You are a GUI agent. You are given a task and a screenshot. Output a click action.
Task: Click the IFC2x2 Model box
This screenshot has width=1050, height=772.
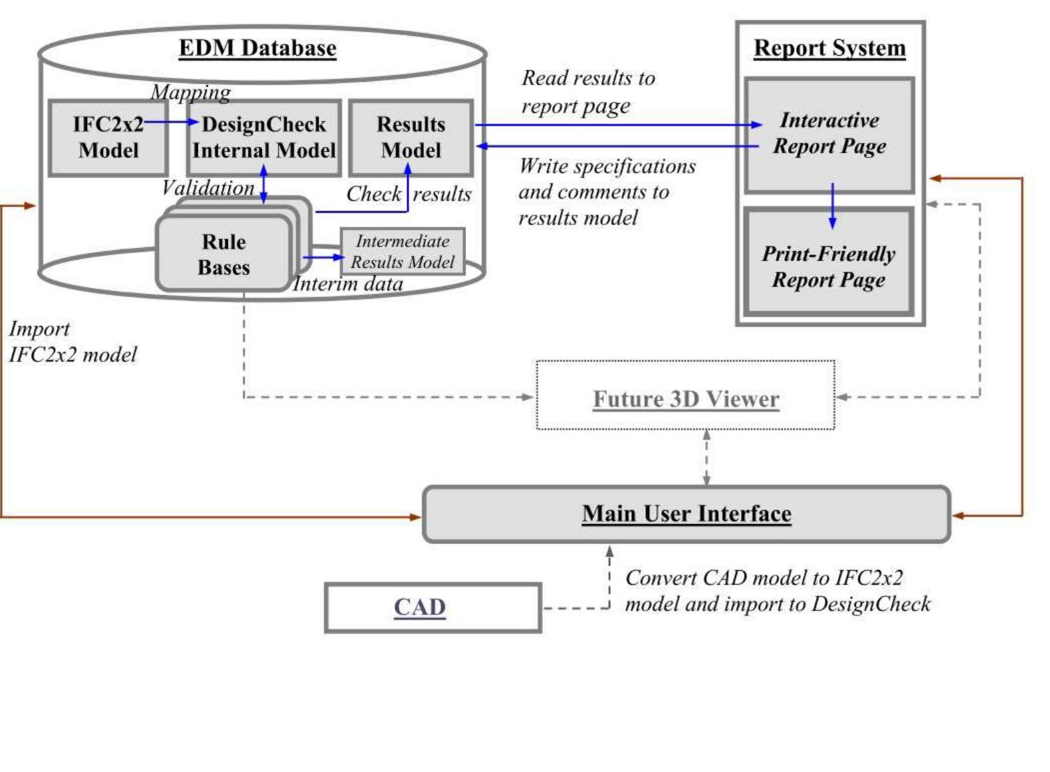[108, 138]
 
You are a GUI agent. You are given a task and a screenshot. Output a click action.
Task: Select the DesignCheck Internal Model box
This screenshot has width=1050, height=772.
[264, 138]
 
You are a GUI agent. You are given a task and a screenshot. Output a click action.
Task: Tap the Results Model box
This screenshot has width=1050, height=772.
[411, 138]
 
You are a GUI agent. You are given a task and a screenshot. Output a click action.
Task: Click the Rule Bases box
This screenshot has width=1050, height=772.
[223, 254]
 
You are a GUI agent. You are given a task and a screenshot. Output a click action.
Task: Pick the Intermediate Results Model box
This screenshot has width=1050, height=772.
[402, 251]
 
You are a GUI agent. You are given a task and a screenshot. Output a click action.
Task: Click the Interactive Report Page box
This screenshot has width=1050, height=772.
[829, 134]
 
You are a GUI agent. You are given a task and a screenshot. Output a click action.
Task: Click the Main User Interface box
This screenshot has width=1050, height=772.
[686, 514]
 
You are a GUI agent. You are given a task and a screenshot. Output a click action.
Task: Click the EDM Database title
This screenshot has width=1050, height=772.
[257, 48]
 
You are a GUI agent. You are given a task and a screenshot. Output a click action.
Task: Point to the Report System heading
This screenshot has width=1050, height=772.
[829, 48]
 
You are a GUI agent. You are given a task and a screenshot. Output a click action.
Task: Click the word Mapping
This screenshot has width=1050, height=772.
[191, 92]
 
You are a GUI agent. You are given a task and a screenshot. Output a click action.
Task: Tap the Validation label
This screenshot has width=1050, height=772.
[207, 188]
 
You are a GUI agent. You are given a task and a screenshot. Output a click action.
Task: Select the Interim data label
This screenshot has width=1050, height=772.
[348, 284]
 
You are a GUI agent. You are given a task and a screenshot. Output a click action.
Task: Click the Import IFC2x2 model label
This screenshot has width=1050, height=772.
[72, 341]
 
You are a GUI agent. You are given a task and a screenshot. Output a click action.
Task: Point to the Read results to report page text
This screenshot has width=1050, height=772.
[587, 92]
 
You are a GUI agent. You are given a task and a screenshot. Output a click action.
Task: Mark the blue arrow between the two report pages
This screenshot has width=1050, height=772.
[832, 207]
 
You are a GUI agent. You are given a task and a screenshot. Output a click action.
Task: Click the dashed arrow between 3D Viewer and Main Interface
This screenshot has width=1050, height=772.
[706, 458]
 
